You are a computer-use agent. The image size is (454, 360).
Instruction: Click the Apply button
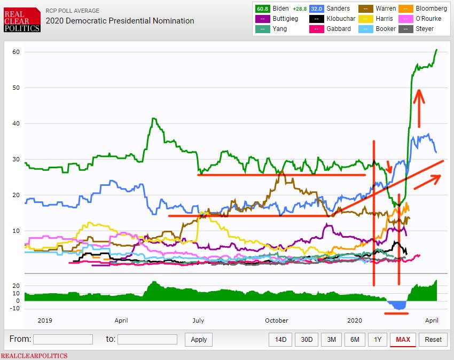click(x=199, y=339)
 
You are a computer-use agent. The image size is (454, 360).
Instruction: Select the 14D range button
click(x=280, y=339)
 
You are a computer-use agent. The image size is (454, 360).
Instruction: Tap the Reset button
click(x=433, y=339)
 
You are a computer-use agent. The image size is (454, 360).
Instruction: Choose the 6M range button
click(x=355, y=339)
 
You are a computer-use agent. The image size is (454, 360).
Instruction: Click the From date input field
click(x=63, y=339)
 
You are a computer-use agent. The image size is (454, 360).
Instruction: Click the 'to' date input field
click(x=147, y=339)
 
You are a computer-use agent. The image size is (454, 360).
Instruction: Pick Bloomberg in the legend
click(x=430, y=9)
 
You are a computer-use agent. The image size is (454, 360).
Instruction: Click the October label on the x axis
click(x=276, y=320)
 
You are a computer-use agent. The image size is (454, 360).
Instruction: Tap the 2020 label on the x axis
click(x=355, y=320)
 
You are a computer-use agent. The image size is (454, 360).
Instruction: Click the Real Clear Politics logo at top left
click(x=22, y=20)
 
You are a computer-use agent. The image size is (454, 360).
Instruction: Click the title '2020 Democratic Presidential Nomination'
click(x=120, y=21)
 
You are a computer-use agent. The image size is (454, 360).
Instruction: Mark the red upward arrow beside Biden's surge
click(x=420, y=100)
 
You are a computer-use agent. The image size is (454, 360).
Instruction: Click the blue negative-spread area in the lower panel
click(x=398, y=305)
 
